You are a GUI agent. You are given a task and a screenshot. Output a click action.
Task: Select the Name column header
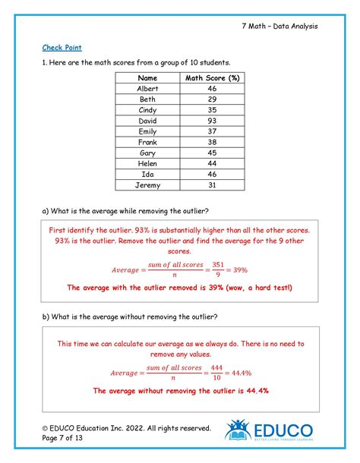point(148,78)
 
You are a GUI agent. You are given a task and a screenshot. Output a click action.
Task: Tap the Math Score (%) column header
point(212,78)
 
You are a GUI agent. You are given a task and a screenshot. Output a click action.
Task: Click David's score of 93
point(212,121)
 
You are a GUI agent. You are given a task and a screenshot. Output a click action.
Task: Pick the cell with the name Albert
point(148,89)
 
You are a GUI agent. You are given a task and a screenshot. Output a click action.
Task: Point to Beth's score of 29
point(212,99)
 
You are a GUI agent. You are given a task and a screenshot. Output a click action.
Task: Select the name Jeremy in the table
point(148,184)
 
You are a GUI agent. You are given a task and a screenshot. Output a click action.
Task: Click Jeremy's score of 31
point(212,184)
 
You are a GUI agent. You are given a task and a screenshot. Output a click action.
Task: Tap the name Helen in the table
point(148,163)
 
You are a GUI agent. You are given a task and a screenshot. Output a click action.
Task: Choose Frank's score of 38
point(212,142)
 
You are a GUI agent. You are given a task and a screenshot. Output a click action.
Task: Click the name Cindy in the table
point(148,110)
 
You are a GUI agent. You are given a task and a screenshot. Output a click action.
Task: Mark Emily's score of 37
point(212,131)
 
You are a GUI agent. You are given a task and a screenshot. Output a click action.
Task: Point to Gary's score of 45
point(212,153)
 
